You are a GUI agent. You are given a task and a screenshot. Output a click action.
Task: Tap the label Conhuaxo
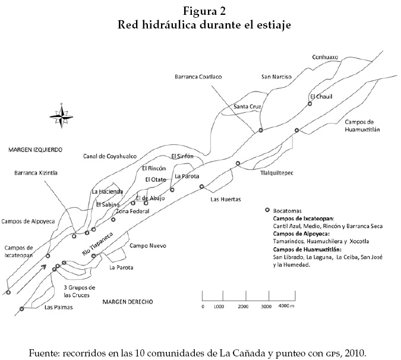coord(324,57)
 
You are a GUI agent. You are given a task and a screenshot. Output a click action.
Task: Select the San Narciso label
coord(276,77)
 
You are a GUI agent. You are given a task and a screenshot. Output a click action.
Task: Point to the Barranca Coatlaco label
coord(198,77)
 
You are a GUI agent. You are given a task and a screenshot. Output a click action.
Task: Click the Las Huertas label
coord(225,200)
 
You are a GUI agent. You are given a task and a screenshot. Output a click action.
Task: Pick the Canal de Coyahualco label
coord(109,156)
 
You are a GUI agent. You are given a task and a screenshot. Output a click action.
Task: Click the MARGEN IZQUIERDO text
coord(36,149)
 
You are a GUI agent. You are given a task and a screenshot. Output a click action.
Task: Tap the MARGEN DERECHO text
coord(127,302)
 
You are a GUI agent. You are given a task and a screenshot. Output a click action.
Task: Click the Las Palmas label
coord(56,308)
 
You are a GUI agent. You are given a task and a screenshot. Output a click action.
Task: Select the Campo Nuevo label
coord(147,245)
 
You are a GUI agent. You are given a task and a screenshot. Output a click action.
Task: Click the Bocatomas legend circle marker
coord(268,210)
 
